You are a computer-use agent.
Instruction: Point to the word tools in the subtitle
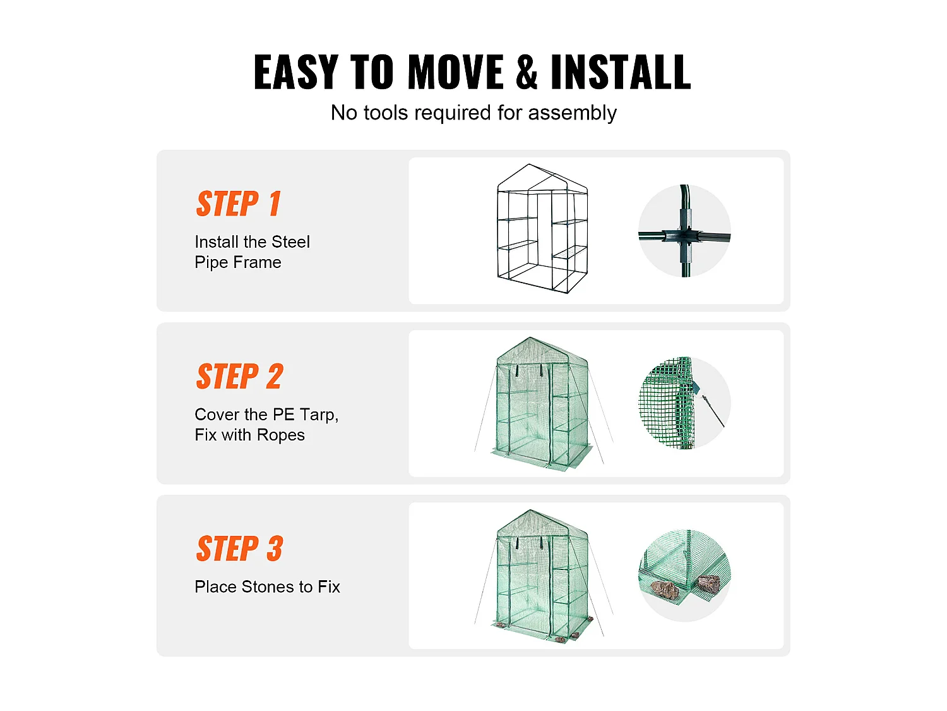pos(385,112)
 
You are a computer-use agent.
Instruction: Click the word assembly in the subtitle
pos(572,114)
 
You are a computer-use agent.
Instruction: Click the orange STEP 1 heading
pos(238,204)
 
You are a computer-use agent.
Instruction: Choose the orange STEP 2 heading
pos(239,376)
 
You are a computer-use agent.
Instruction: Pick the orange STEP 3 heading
pos(239,548)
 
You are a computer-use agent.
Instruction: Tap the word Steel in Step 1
pos(290,242)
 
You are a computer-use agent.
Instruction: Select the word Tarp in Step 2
pos(318,415)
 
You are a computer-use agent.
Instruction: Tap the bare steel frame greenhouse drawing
pos(542,229)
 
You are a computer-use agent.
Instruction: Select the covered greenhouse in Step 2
pos(542,404)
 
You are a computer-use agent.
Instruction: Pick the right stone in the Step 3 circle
pos(708,583)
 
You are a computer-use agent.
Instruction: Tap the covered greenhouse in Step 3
pos(542,576)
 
